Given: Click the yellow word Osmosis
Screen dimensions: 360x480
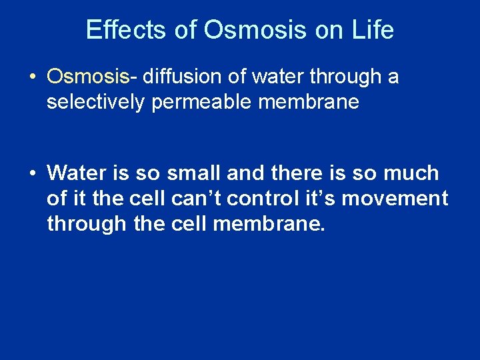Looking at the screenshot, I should [87, 77].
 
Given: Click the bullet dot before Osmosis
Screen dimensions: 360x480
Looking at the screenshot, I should [32, 77].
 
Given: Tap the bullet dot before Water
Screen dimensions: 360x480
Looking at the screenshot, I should [32, 173].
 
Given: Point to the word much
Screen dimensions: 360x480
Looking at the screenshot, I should [413, 173].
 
